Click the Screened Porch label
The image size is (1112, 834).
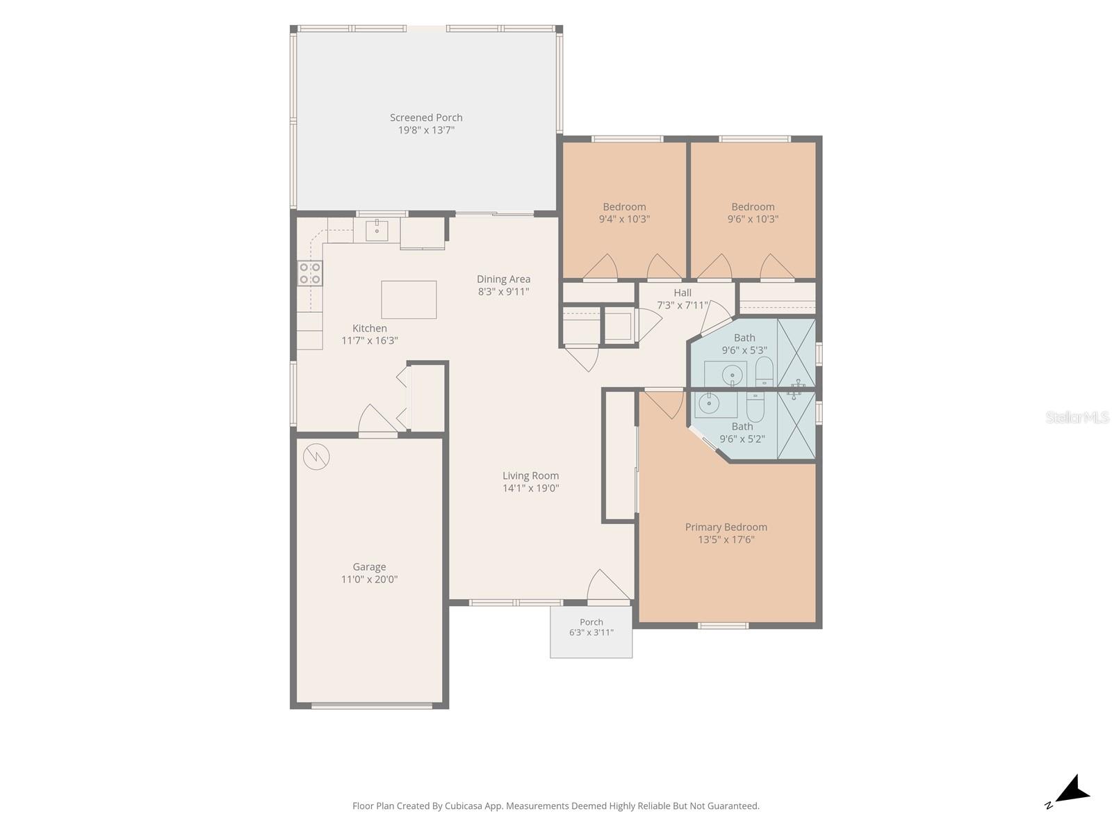pyautogui.click(x=425, y=117)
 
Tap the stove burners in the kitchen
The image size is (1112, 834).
pyautogui.click(x=309, y=273)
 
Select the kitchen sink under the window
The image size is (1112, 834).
pyautogui.click(x=377, y=231)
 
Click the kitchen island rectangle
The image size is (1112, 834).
pyautogui.click(x=409, y=300)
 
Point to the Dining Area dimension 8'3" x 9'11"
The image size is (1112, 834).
pyautogui.click(x=503, y=291)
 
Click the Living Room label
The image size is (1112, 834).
pyautogui.click(x=530, y=475)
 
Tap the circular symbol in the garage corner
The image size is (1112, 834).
pyautogui.click(x=316, y=457)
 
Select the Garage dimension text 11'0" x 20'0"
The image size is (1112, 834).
pyautogui.click(x=369, y=579)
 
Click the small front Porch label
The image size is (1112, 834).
pyautogui.click(x=591, y=622)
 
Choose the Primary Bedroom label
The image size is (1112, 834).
pyautogui.click(x=726, y=527)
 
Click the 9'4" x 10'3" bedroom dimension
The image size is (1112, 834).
pyautogui.click(x=624, y=219)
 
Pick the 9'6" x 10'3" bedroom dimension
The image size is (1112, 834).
pyautogui.click(x=753, y=219)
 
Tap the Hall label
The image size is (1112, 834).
pyautogui.click(x=682, y=293)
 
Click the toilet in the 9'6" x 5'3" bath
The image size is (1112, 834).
pyautogui.click(x=764, y=372)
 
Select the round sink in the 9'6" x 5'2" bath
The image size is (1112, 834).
pyautogui.click(x=709, y=404)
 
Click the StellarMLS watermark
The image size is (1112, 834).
pyautogui.click(x=1077, y=417)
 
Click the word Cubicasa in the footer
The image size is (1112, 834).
pyautogui.click(x=463, y=806)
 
